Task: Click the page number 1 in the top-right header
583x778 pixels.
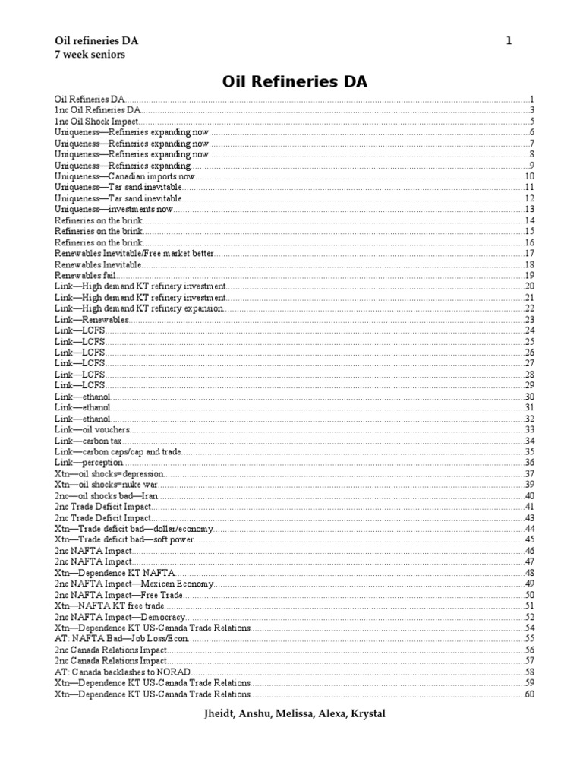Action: click(509, 40)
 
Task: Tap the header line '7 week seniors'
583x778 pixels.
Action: click(90, 55)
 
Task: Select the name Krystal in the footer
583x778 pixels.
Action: click(364, 715)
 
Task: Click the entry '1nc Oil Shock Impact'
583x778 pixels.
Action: click(96, 121)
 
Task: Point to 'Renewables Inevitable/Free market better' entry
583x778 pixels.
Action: click(134, 253)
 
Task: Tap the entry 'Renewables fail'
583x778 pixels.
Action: click(85, 275)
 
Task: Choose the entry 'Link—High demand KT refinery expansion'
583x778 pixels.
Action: click(139, 308)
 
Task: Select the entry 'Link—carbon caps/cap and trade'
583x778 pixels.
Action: click(118, 451)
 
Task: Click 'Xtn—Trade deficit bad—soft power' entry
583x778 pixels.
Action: click(124, 539)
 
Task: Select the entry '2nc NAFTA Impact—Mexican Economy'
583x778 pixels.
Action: click(134, 583)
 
